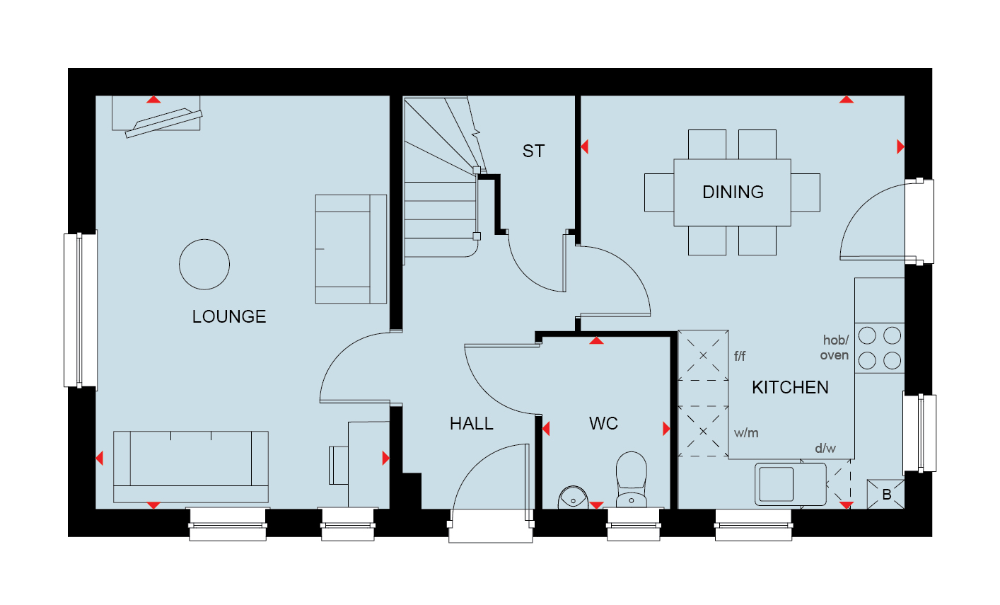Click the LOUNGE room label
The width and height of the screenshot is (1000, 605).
coord(229,316)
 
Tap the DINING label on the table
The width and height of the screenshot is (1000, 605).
coord(733,192)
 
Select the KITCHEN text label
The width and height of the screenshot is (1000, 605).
coord(790,387)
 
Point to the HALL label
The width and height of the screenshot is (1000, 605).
coord(472,424)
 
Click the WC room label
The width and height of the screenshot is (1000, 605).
coord(603,424)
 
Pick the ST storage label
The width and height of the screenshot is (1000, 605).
coord(533,151)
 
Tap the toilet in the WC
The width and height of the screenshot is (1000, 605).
coord(632,480)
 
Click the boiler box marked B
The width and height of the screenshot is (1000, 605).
coord(886,494)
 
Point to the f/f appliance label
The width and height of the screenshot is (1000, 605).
coord(740,356)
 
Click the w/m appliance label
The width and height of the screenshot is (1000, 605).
coord(746,433)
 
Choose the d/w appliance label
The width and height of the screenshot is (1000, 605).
coord(825,448)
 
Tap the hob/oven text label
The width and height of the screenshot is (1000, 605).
coord(835,347)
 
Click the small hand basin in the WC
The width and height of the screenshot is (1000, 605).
coord(574,497)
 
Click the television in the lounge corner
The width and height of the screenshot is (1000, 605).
coord(163,122)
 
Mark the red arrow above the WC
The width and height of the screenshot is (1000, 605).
coord(596,341)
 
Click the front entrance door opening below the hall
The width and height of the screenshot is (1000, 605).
coord(491,526)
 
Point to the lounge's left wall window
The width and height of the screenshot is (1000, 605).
coord(81,310)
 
